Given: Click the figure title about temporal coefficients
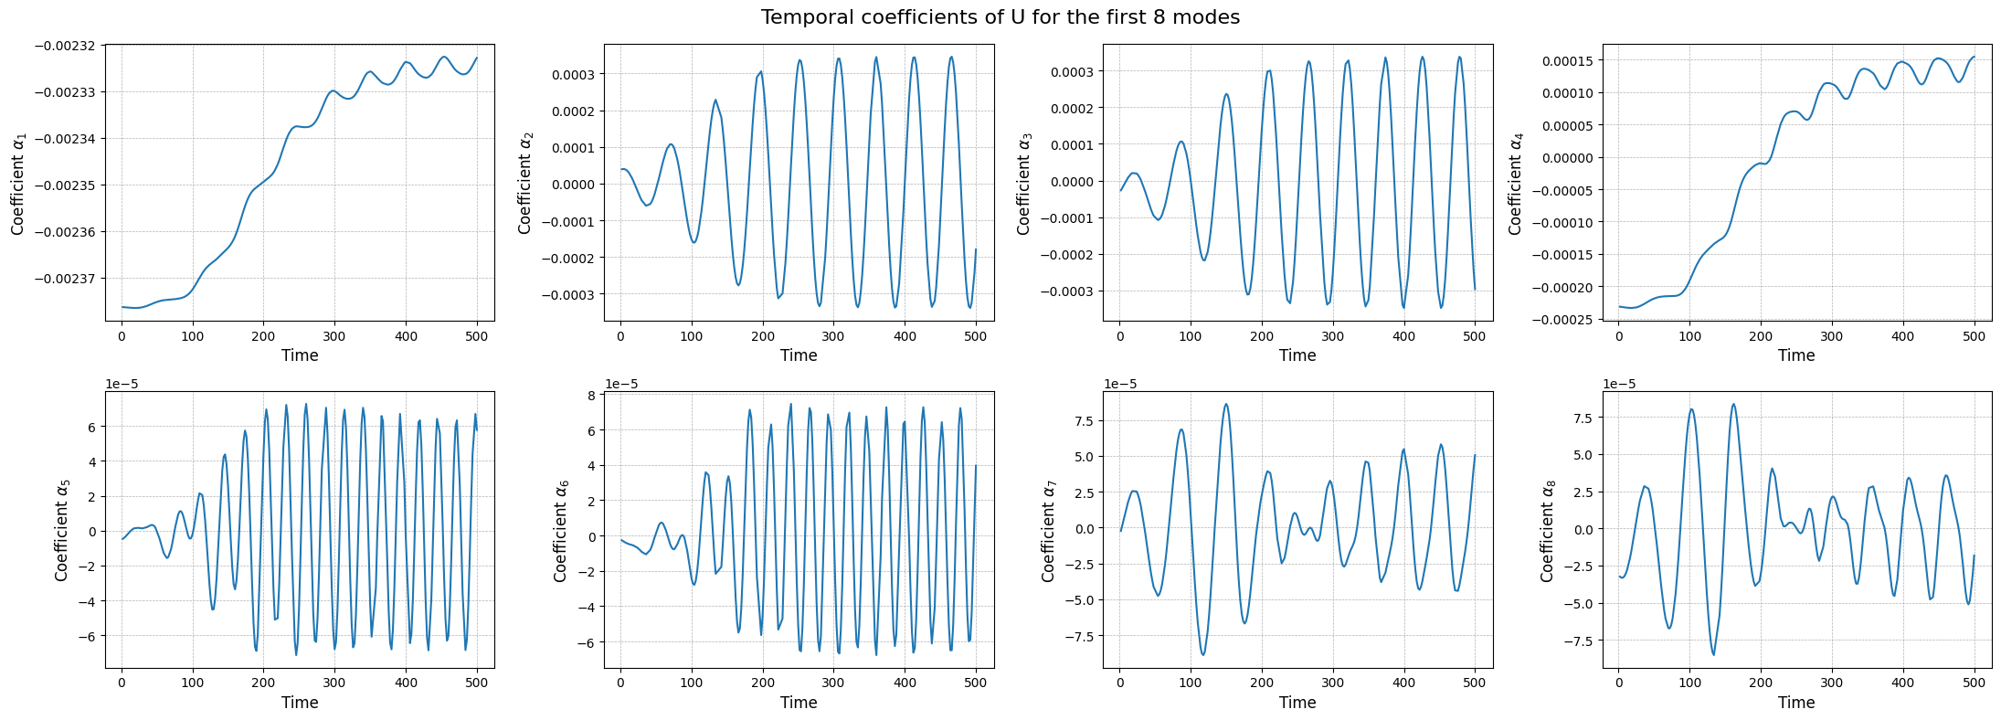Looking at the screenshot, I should click(x=1000, y=17).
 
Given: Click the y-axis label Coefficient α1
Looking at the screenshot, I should click(x=18, y=182).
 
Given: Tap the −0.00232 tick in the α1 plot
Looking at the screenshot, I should click(x=69, y=46).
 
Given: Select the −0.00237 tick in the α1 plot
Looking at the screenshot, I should click(x=69, y=279).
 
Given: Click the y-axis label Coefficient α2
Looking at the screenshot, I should click(x=524, y=182).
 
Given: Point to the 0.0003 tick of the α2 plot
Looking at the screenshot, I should click(x=572, y=75).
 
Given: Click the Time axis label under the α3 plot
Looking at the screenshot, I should click(x=1297, y=355).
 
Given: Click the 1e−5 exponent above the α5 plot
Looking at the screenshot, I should click(x=122, y=384).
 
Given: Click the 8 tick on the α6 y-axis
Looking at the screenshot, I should click(x=591, y=396).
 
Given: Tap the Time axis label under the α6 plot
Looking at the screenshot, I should click(x=798, y=703).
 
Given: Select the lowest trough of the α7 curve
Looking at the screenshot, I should click(x=1203, y=654).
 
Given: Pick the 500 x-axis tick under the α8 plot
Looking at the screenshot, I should click(x=1974, y=683).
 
